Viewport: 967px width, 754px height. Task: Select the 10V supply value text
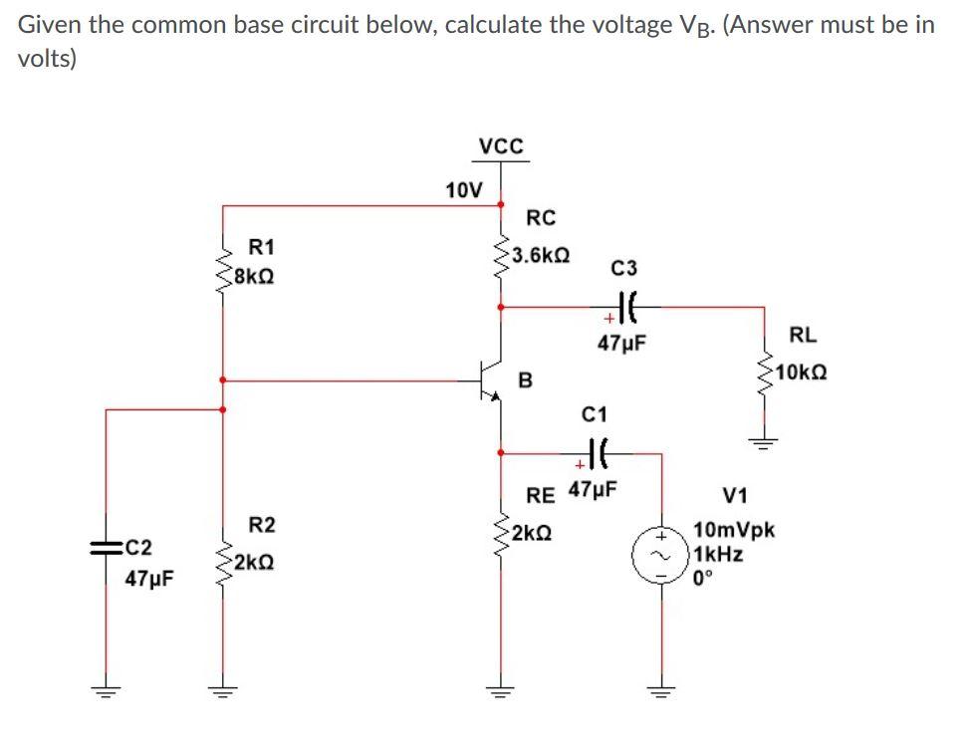(463, 189)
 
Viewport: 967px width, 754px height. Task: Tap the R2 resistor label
(262, 525)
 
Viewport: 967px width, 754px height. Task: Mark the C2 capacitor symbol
(107, 547)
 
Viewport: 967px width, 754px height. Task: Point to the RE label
(541, 492)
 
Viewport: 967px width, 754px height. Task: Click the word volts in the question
(46, 59)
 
